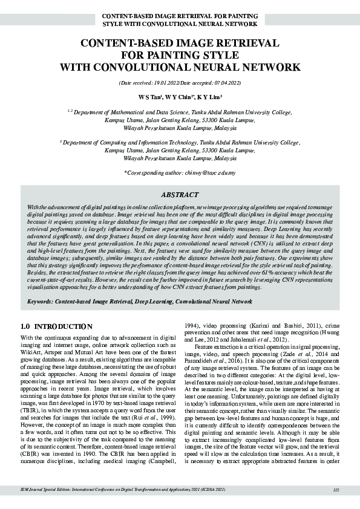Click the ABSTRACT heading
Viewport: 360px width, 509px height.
180,195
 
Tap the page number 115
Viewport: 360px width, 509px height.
336,490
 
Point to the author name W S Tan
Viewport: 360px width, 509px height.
148,96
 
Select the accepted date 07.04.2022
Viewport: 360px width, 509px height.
227,82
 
